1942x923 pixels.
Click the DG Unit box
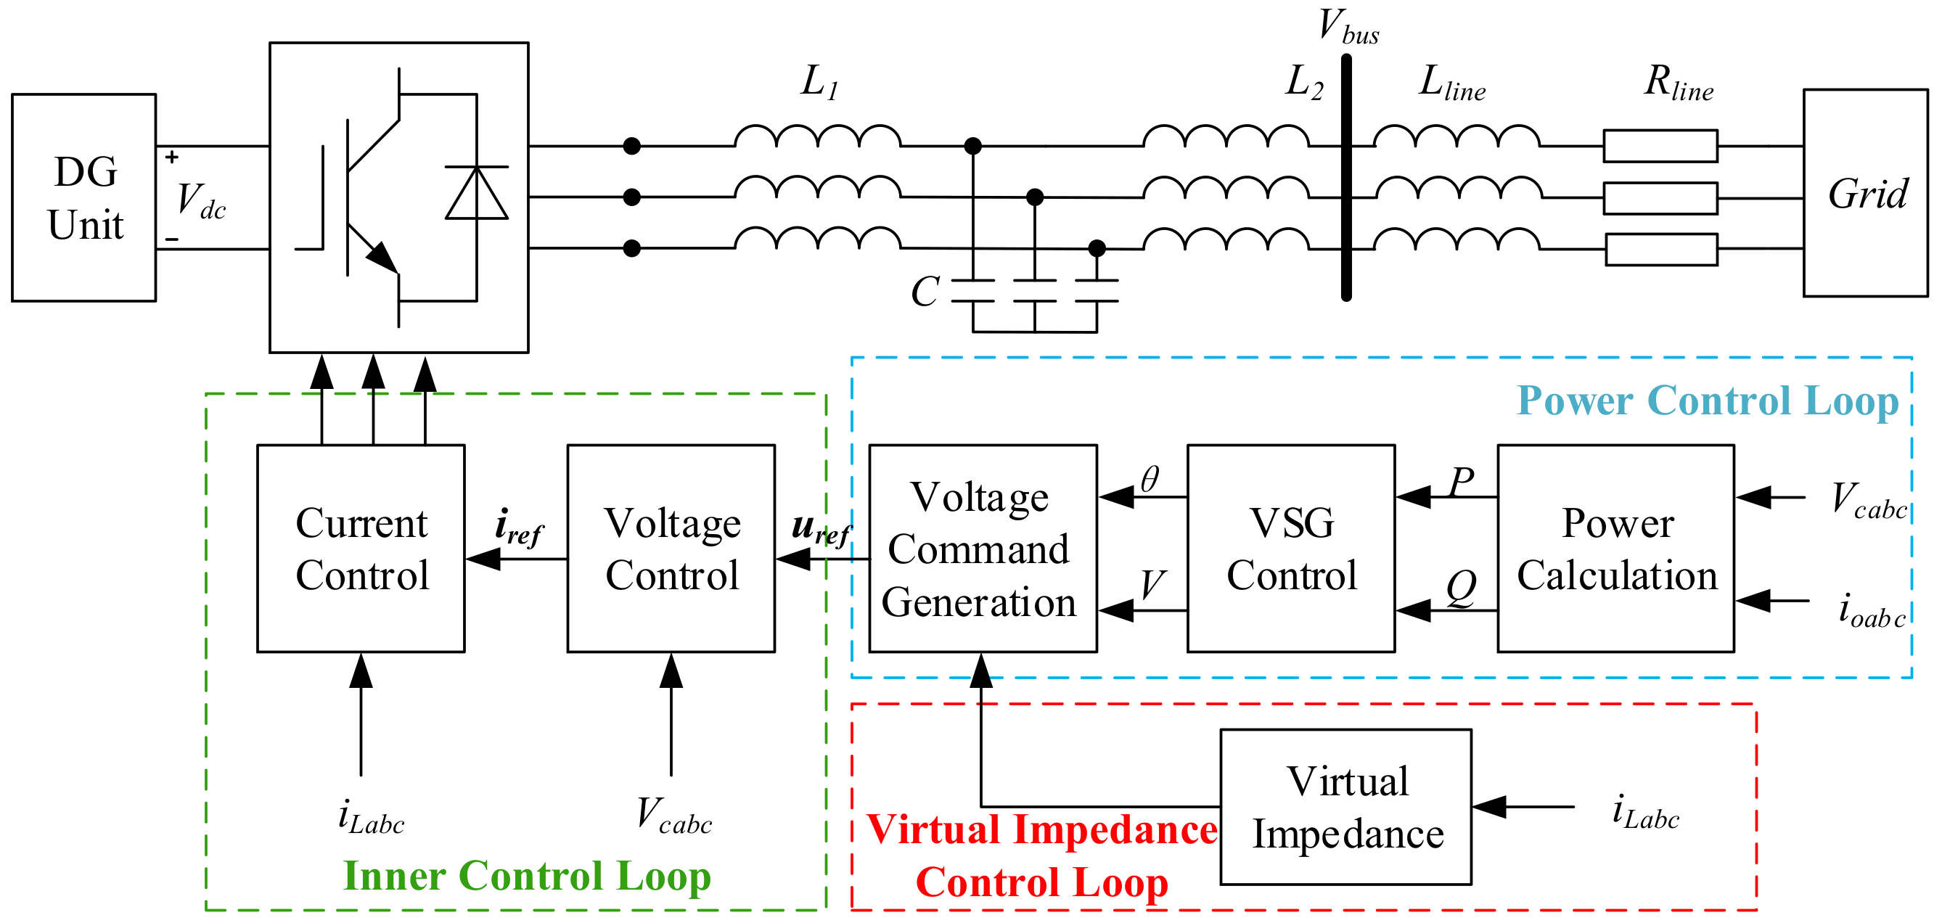point(83,197)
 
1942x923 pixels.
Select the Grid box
point(1864,193)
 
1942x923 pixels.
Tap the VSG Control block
point(1290,549)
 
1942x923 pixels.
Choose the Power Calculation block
point(1615,549)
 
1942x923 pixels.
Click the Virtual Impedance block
point(1345,806)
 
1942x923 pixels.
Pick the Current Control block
point(361,549)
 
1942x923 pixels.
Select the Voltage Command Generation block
point(982,549)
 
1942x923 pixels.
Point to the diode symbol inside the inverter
point(477,193)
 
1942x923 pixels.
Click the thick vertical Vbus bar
point(1345,177)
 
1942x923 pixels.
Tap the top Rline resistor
point(1659,146)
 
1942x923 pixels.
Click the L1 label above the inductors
point(819,81)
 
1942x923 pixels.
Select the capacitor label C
point(925,292)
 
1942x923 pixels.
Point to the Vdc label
point(200,202)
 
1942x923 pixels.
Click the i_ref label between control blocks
point(518,527)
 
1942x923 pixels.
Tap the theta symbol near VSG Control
point(1149,480)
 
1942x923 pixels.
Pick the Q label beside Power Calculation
point(1460,588)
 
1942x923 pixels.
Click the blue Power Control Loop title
point(1707,401)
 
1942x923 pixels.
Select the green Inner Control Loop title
point(526,876)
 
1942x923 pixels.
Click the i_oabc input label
point(1870,610)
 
